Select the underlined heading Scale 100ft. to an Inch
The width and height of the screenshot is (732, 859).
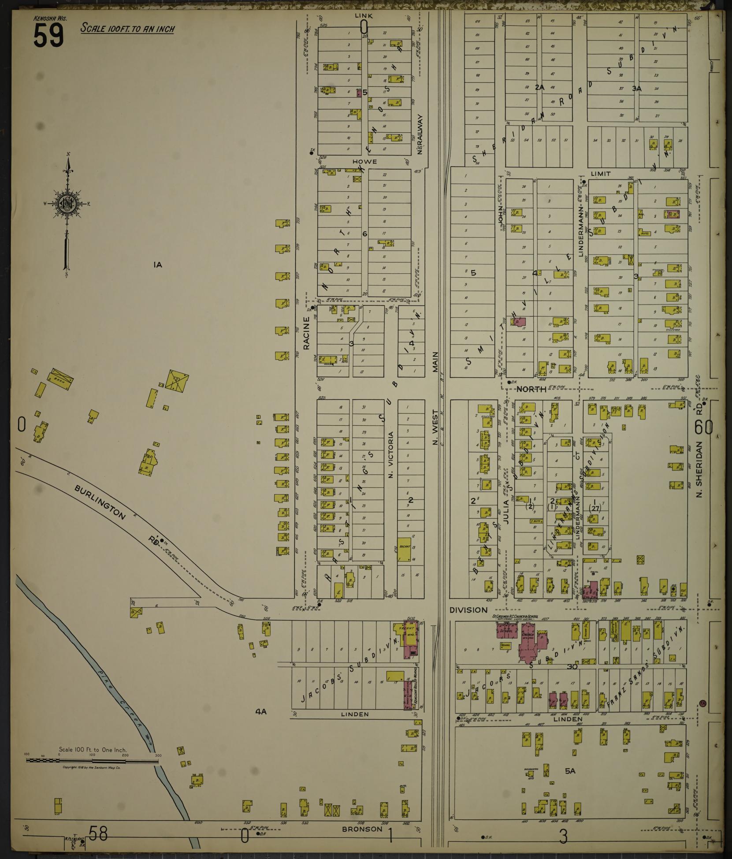(x=128, y=29)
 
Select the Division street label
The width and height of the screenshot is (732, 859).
(x=468, y=610)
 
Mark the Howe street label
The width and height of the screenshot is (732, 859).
(x=364, y=162)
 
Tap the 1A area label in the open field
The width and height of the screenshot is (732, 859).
(x=158, y=265)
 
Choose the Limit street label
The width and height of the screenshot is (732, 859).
(x=601, y=174)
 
